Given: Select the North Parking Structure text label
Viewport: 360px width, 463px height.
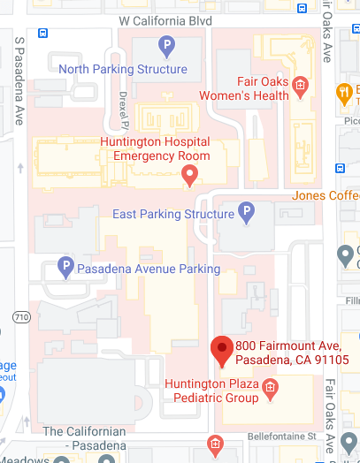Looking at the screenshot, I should (x=123, y=69).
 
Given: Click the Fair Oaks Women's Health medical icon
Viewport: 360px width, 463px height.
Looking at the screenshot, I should (x=300, y=86).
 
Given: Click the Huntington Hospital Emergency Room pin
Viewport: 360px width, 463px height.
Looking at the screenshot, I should (x=188, y=177).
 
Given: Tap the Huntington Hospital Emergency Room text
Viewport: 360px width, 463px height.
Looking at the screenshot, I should (x=155, y=148).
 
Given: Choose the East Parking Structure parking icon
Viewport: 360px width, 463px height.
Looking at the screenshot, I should (x=248, y=212).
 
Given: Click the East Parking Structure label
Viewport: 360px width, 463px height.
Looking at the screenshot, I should (x=172, y=215).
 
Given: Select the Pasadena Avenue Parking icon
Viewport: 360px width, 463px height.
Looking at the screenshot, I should (x=65, y=265).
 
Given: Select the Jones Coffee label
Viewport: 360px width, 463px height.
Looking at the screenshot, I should (x=326, y=195).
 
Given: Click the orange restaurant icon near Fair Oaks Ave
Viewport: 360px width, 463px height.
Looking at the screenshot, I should (x=343, y=91).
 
